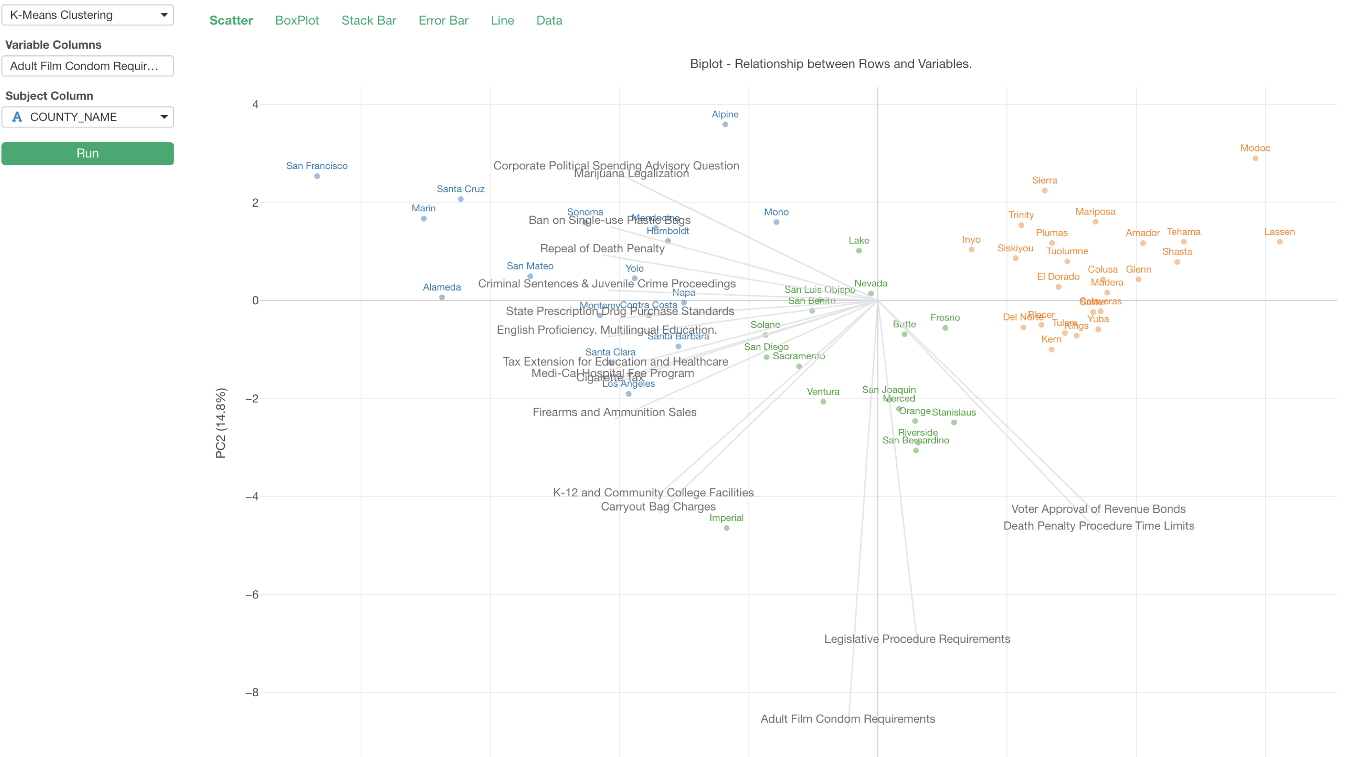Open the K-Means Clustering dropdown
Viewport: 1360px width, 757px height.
(x=88, y=15)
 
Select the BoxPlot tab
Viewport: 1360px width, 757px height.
(x=297, y=21)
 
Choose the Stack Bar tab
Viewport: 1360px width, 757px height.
(x=368, y=21)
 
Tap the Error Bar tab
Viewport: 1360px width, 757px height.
(x=444, y=21)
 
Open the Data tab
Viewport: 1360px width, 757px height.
(x=549, y=21)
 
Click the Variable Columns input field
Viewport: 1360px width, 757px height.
(x=88, y=66)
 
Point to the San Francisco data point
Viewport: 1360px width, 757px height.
(x=317, y=176)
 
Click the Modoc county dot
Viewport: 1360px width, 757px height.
(x=1255, y=158)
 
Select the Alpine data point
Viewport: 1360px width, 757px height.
(x=725, y=125)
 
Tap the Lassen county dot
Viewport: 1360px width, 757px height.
(x=1279, y=242)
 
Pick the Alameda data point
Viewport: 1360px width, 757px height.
(x=442, y=298)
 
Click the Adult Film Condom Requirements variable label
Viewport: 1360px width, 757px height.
(x=847, y=719)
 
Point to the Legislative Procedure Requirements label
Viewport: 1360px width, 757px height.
(x=917, y=639)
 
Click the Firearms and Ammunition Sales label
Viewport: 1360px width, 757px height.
(x=614, y=412)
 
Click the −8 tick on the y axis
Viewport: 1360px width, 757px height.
(x=252, y=693)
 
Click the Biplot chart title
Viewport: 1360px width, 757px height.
(x=830, y=64)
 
